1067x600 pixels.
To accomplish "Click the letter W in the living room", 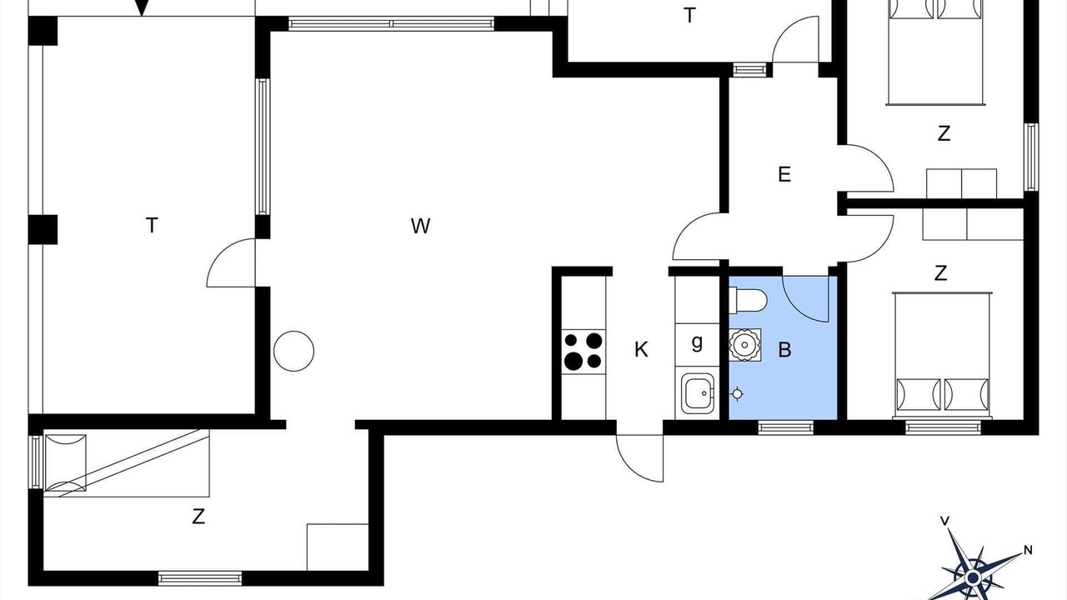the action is click(x=421, y=226).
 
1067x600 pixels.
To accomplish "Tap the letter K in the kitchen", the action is click(x=641, y=349).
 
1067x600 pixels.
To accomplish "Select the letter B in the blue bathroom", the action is click(x=784, y=349).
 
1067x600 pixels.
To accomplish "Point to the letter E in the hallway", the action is click(x=784, y=174).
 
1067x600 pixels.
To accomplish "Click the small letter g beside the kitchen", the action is click(x=697, y=342).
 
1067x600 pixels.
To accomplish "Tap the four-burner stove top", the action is click(x=584, y=352).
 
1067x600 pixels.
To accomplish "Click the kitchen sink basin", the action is click(x=699, y=393).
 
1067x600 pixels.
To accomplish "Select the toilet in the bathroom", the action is click(x=749, y=301).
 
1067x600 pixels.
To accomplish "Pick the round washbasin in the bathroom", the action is click(x=744, y=345).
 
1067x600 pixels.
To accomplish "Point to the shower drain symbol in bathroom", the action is click(x=738, y=394).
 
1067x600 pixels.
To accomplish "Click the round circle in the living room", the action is click(x=294, y=351).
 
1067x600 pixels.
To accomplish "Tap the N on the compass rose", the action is click(x=1029, y=551).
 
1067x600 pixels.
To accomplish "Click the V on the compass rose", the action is click(x=944, y=521).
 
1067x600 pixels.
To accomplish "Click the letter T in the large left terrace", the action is click(x=152, y=225).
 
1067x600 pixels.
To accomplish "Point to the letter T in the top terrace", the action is click(x=689, y=15).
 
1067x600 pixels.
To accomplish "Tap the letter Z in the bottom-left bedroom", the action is click(x=198, y=517).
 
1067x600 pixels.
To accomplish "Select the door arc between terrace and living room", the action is click(x=223, y=254).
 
